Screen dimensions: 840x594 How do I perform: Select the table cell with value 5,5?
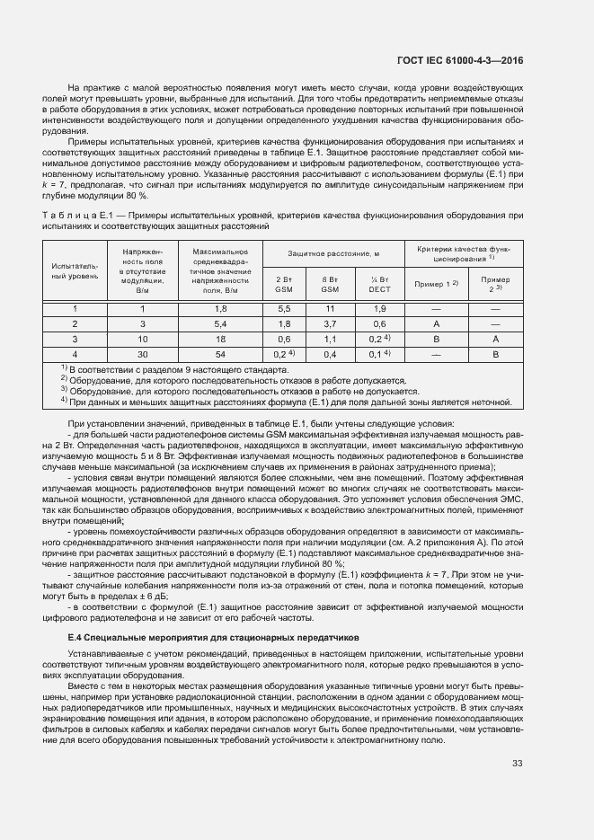[284, 308]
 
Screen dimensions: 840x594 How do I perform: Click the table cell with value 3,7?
[330, 323]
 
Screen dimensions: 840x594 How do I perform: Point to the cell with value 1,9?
[379, 308]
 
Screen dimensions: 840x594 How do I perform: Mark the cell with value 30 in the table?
[141, 354]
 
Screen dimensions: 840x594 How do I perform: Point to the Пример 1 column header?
[436, 284]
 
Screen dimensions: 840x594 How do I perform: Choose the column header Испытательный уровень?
[75, 270]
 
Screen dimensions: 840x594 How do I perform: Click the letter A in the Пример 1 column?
[436, 323]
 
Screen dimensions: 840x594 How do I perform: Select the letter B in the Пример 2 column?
[494, 354]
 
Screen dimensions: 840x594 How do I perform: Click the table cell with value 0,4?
[330, 354]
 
